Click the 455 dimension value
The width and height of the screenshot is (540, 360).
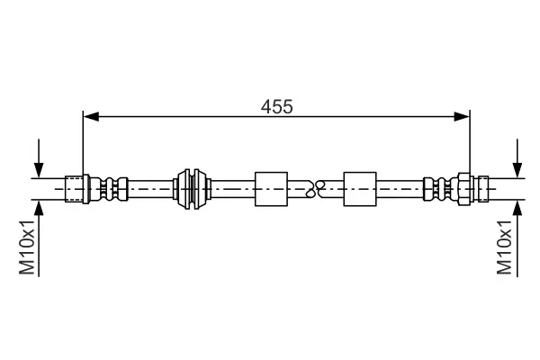click(276, 106)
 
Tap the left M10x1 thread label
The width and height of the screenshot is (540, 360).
click(27, 247)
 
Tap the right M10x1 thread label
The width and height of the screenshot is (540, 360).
click(504, 247)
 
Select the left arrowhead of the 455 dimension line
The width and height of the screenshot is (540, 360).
click(91, 117)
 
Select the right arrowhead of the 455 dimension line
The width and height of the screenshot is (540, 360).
click(462, 117)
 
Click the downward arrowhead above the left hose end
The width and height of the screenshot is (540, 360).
click(39, 170)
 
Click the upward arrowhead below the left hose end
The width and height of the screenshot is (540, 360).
click(39, 208)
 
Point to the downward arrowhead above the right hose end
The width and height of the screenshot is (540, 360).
click(517, 170)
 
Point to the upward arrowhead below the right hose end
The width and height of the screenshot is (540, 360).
click(517, 208)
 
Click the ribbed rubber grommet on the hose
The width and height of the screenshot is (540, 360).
click(192, 189)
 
